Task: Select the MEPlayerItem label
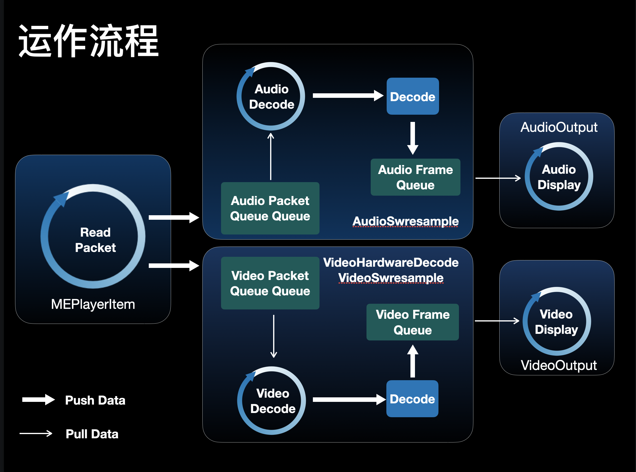tap(93, 304)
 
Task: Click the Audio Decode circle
tap(271, 97)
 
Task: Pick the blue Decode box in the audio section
tap(413, 96)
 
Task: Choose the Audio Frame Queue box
tap(415, 177)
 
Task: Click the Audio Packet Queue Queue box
tap(270, 208)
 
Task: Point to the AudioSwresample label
tap(405, 221)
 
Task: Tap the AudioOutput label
tap(559, 127)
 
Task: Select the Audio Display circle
tap(559, 177)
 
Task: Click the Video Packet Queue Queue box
tap(270, 283)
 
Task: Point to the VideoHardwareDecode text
tap(391, 262)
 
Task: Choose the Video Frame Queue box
tap(413, 322)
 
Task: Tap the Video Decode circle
tap(272, 401)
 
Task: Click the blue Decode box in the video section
tap(412, 399)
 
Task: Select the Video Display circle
tap(556, 321)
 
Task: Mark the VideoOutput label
tap(559, 365)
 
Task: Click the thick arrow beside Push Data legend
tap(39, 400)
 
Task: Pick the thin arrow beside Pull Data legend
tap(36, 433)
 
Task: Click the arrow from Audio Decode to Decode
tap(348, 96)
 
